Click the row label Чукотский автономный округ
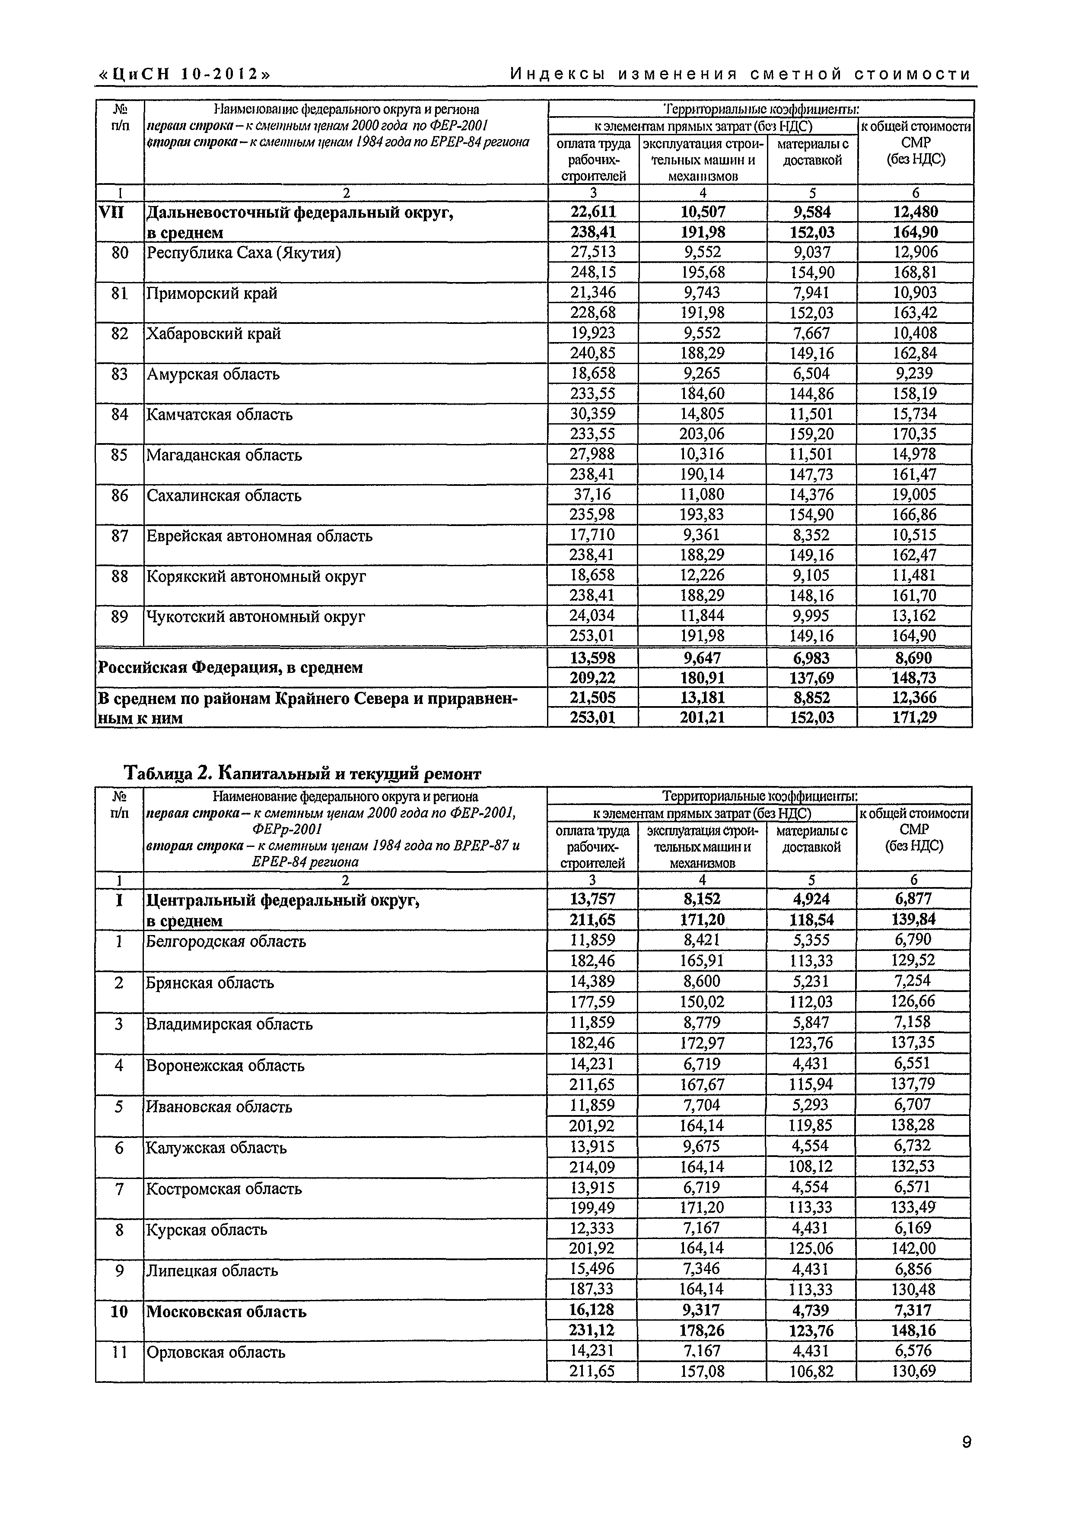255,616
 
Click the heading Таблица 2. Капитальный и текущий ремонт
303,773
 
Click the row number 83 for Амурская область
120,374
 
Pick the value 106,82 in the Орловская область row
811,1371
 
